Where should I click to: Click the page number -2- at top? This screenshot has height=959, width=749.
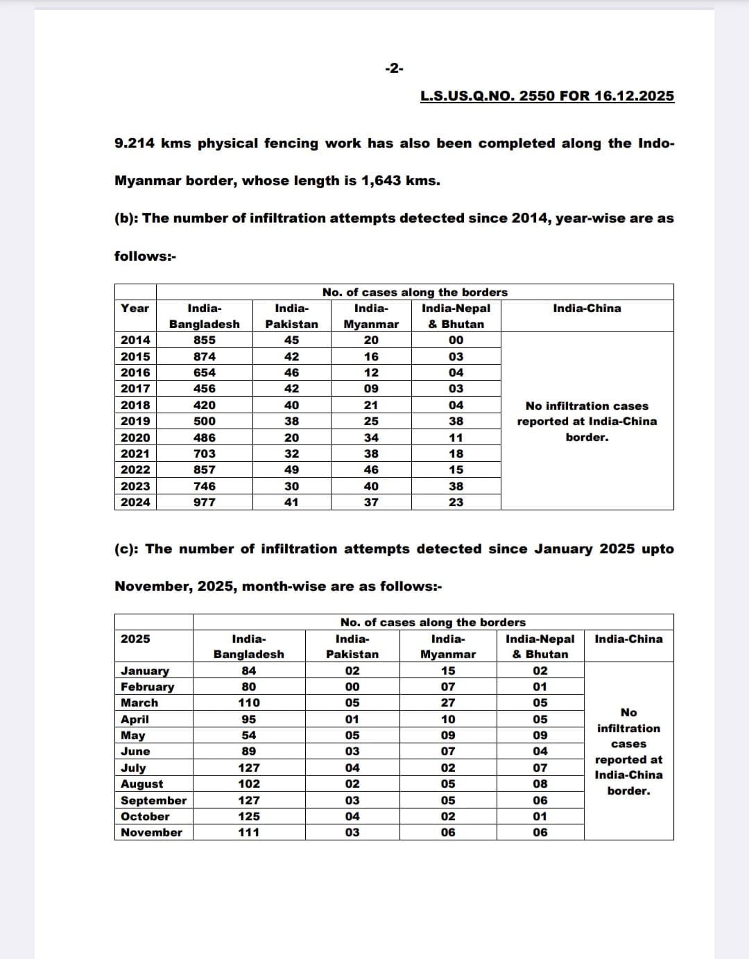(394, 68)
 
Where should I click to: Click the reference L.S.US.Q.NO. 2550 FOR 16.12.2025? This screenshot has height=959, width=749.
(546, 96)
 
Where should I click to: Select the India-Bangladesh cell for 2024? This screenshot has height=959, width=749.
(205, 502)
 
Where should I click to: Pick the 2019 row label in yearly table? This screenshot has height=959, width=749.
(135, 421)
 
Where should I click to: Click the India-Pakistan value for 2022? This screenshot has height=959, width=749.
(292, 469)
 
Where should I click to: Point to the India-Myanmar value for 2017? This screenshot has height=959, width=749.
(372, 388)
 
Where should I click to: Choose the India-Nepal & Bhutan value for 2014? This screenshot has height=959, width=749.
(456, 340)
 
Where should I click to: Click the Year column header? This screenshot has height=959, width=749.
(135, 309)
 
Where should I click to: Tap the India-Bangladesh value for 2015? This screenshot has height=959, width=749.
(205, 356)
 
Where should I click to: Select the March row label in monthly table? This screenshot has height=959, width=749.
(139, 702)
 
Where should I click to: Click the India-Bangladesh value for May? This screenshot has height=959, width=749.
(249, 735)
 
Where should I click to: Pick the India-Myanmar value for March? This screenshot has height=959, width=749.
(448, 702)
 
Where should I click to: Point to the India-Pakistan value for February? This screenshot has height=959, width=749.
(352, 686)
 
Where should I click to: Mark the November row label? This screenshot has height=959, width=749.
(151, 832)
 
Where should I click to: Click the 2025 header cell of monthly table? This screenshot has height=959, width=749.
(135, 639)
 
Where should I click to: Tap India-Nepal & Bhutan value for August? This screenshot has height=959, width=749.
(540, 784)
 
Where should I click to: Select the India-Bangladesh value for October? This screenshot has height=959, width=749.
(249, 816)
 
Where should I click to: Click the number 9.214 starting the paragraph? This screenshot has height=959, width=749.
(135, 144)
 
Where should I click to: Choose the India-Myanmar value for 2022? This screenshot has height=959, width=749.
(372, 469)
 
